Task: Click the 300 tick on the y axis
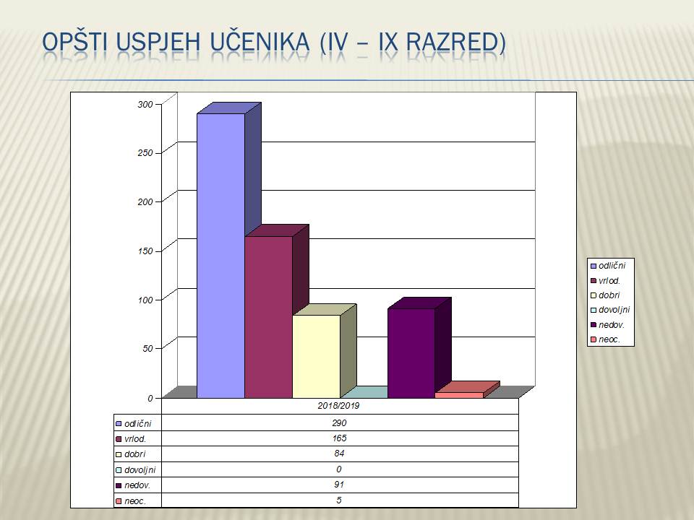point(145,104)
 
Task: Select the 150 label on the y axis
point(145,251)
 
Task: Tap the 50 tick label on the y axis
point(147,348)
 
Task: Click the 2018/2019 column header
point(338,405)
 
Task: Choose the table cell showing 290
point(339,422)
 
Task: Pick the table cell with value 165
point(339,438)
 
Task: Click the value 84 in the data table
point(339,454)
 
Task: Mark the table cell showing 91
point(339,485)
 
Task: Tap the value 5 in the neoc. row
point(339,500)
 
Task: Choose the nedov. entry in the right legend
point(607,325)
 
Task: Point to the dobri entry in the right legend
point(605,295)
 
